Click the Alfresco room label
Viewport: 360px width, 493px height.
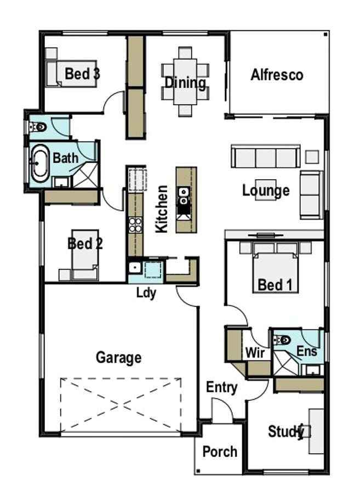click(x=277, y=75)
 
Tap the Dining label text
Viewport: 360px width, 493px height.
click(x=185, y=83)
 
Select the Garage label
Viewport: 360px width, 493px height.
click(x=119, y=358)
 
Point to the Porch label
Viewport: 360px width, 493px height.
click(x=220, y=451)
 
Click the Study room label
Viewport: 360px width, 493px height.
click(x=285, y=431)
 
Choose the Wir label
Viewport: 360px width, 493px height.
click(x=255, y=353)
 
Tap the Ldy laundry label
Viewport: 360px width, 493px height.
click(x=146, y=293)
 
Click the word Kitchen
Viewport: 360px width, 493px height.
click(x=162, y=209)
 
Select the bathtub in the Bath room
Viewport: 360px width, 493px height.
click(x=39, y=163)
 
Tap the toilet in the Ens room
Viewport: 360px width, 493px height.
click(x=282, y=340)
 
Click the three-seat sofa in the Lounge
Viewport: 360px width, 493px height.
click(x=265, y=157)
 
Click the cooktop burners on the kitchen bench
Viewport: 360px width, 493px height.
click(x=135, y=225)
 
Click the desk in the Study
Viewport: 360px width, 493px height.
click(x=316, y=431)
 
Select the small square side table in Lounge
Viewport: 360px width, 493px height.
click(x=312, y=157)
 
